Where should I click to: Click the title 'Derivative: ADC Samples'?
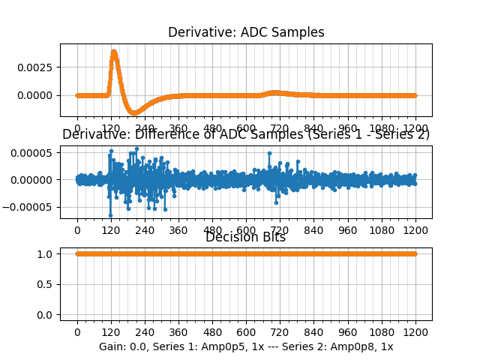pyautogui.click(x=246, y=32)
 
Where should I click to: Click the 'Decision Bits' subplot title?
pyautogui.click(x=245, y=238)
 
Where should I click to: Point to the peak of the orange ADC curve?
pyautogui.click(x=113, y=51)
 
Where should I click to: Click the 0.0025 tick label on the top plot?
pyautogui.click(x=37, y=67)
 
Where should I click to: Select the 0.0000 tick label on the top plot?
pyautogui.click(x=37, y=95)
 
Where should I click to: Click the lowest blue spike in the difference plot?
pyautogui.click(x=110, y=215)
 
